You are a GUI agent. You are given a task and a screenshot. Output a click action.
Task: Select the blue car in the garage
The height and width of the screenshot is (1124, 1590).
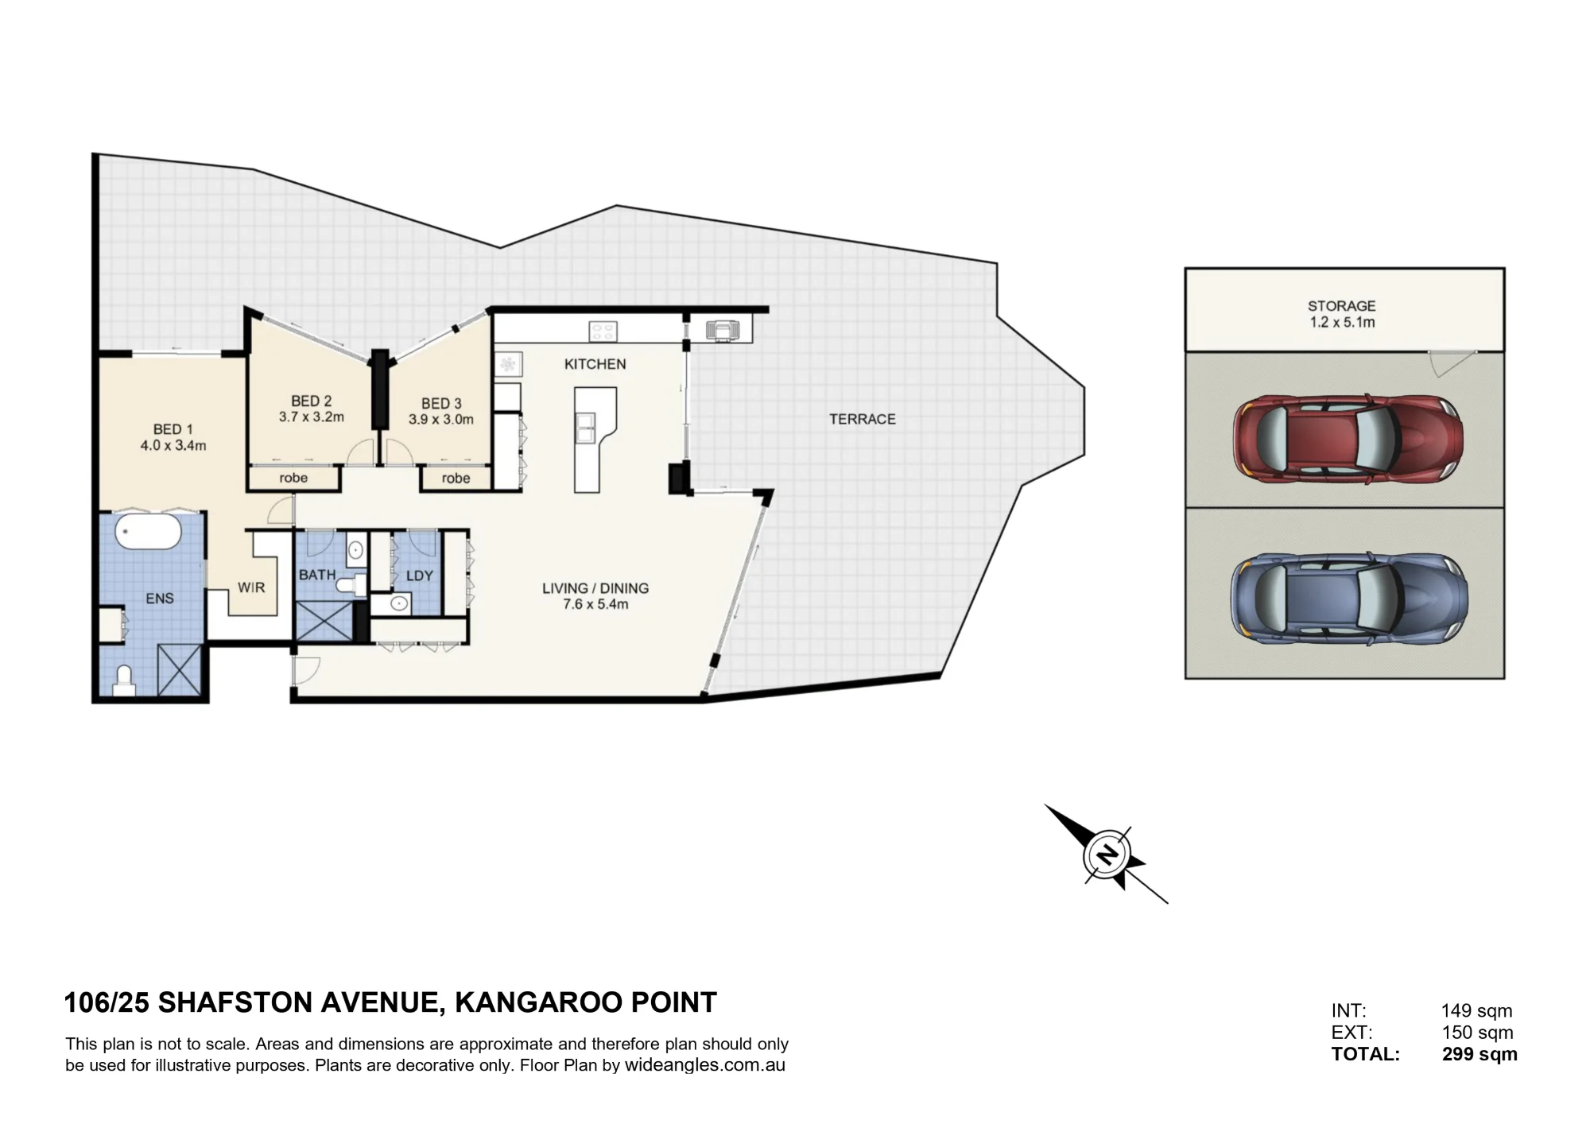click(1349, 598)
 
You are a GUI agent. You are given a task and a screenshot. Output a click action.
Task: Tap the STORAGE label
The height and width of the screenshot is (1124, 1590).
click(1342, 306)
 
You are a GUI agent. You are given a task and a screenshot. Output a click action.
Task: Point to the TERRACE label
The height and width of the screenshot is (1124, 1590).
click(863, 419)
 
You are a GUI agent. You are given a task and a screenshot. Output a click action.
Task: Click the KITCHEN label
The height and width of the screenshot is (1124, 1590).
click(595, 364)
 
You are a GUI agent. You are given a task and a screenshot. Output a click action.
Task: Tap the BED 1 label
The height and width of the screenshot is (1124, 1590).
click(173, 430)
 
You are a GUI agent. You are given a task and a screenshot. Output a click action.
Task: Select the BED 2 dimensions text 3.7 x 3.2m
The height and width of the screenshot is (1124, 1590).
click(312, 417)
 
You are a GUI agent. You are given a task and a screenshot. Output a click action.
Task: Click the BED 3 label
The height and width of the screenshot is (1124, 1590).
click(441, 404)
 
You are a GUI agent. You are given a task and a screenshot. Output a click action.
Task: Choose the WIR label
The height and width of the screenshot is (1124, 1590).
click(251, 587)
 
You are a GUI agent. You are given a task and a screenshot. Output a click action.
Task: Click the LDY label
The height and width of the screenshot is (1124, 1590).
click(420, 576)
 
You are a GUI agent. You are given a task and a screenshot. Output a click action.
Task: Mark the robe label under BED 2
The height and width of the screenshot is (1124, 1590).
click(293, 478)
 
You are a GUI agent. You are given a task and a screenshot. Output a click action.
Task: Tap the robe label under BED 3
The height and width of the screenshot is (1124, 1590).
click(456, 478)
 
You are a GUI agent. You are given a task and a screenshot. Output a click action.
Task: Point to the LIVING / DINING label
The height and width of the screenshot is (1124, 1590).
click(595, 588)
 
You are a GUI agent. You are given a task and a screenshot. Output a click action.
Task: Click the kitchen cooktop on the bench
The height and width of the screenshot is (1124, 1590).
click(603, 331)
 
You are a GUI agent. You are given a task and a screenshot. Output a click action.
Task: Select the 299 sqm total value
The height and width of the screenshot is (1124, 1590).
click(1479, 1055)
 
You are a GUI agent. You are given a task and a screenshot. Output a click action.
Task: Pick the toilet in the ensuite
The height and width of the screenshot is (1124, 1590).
click(123, 680)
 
